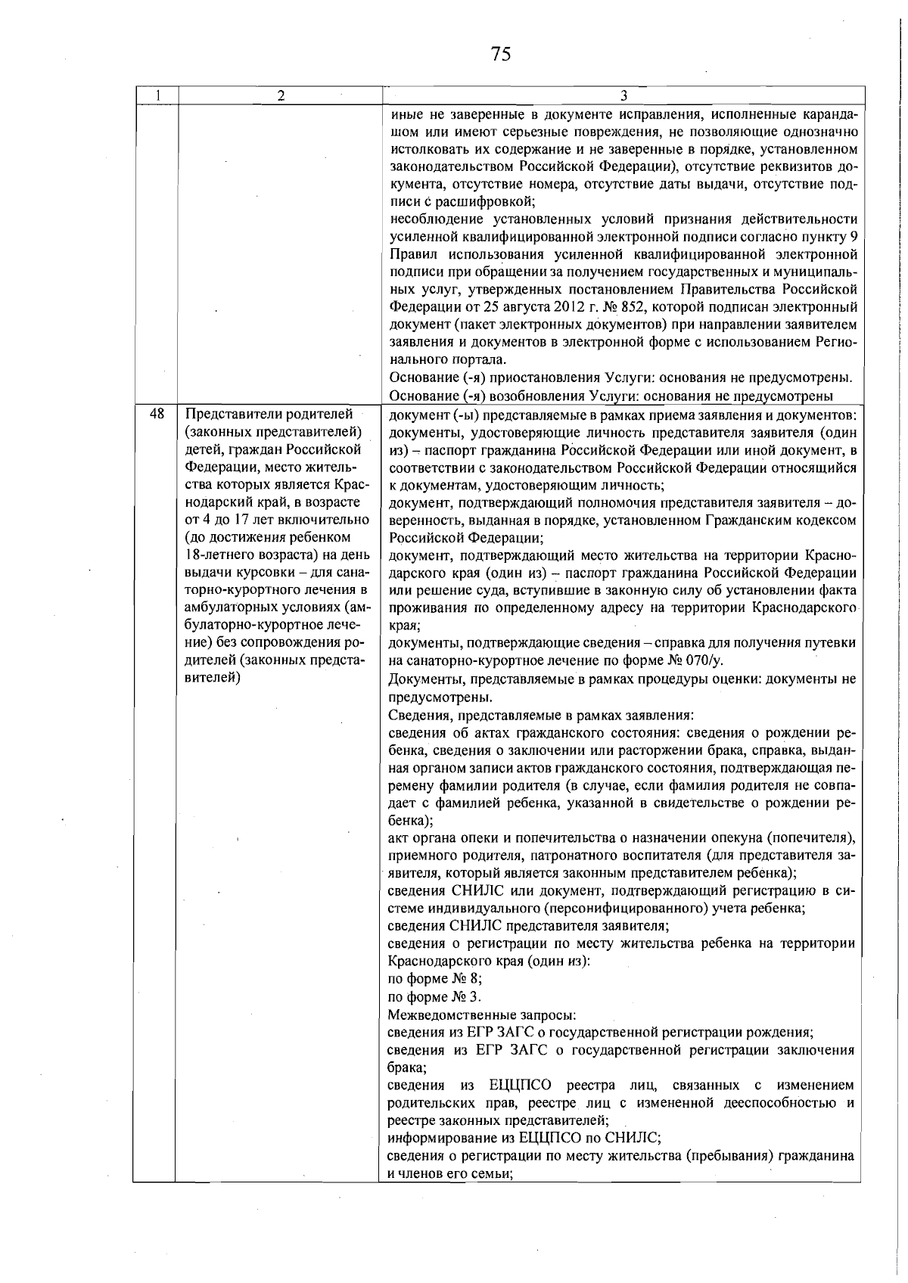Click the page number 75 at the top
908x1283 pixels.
coord(501,54)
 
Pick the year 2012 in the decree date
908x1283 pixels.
coord(558,307)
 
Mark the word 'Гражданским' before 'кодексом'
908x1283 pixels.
coord(750,520)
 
